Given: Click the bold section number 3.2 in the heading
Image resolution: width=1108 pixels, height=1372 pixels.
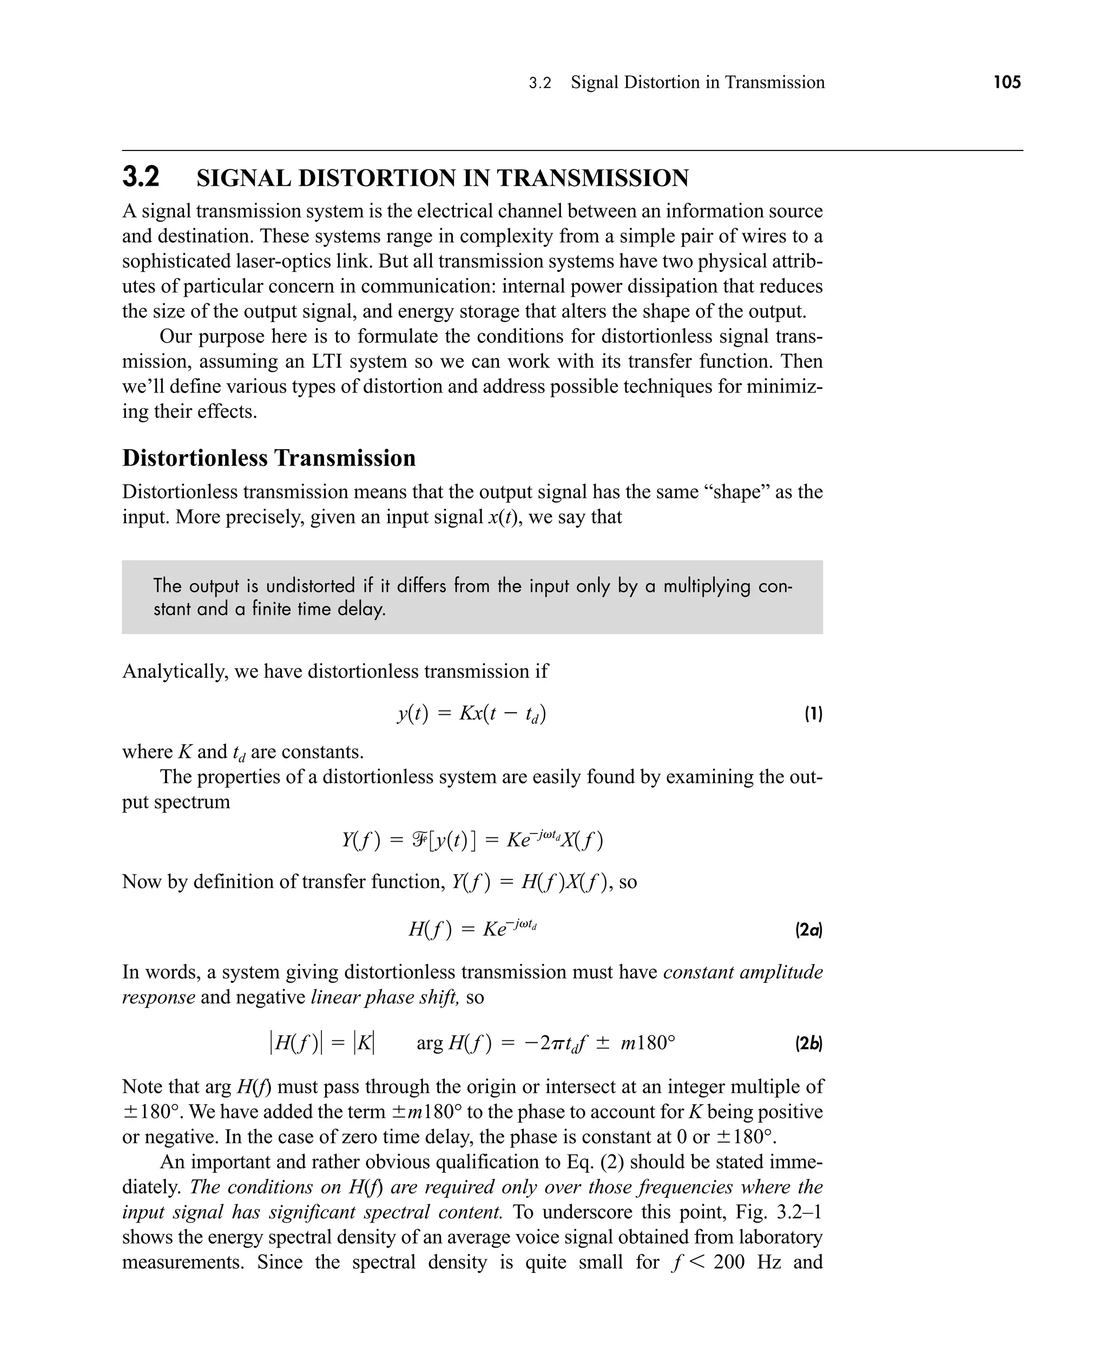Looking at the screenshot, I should point(141,177).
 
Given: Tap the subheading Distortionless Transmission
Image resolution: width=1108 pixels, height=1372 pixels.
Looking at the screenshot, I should point(269,458).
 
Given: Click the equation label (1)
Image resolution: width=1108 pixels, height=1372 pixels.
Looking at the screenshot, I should point(813,714).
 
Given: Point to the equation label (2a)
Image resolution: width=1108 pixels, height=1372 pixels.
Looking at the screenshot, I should point(808,930).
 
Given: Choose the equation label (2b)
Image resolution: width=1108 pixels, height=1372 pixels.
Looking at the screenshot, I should point(808,1044).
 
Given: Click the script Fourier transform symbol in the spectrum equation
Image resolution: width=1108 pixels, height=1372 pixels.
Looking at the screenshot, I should point(420,839).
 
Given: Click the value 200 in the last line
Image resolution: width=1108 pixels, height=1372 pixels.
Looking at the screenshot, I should point(729,1262).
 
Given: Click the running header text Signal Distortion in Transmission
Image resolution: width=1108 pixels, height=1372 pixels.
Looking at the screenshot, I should point(697,82).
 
